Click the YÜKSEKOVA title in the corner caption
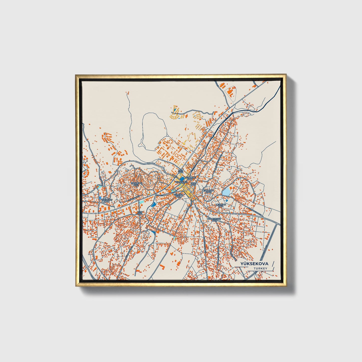(254, 264)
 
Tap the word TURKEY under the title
(260, 268)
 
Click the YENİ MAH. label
(140, 213)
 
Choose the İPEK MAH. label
(181, 171)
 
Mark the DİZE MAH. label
(193, 184)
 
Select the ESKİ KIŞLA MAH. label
(208, 191)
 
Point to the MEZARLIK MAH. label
(221, 205)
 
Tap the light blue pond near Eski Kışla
(226, 192)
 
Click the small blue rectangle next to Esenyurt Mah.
(100, 198)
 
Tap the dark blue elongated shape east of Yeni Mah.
(153, 204)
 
